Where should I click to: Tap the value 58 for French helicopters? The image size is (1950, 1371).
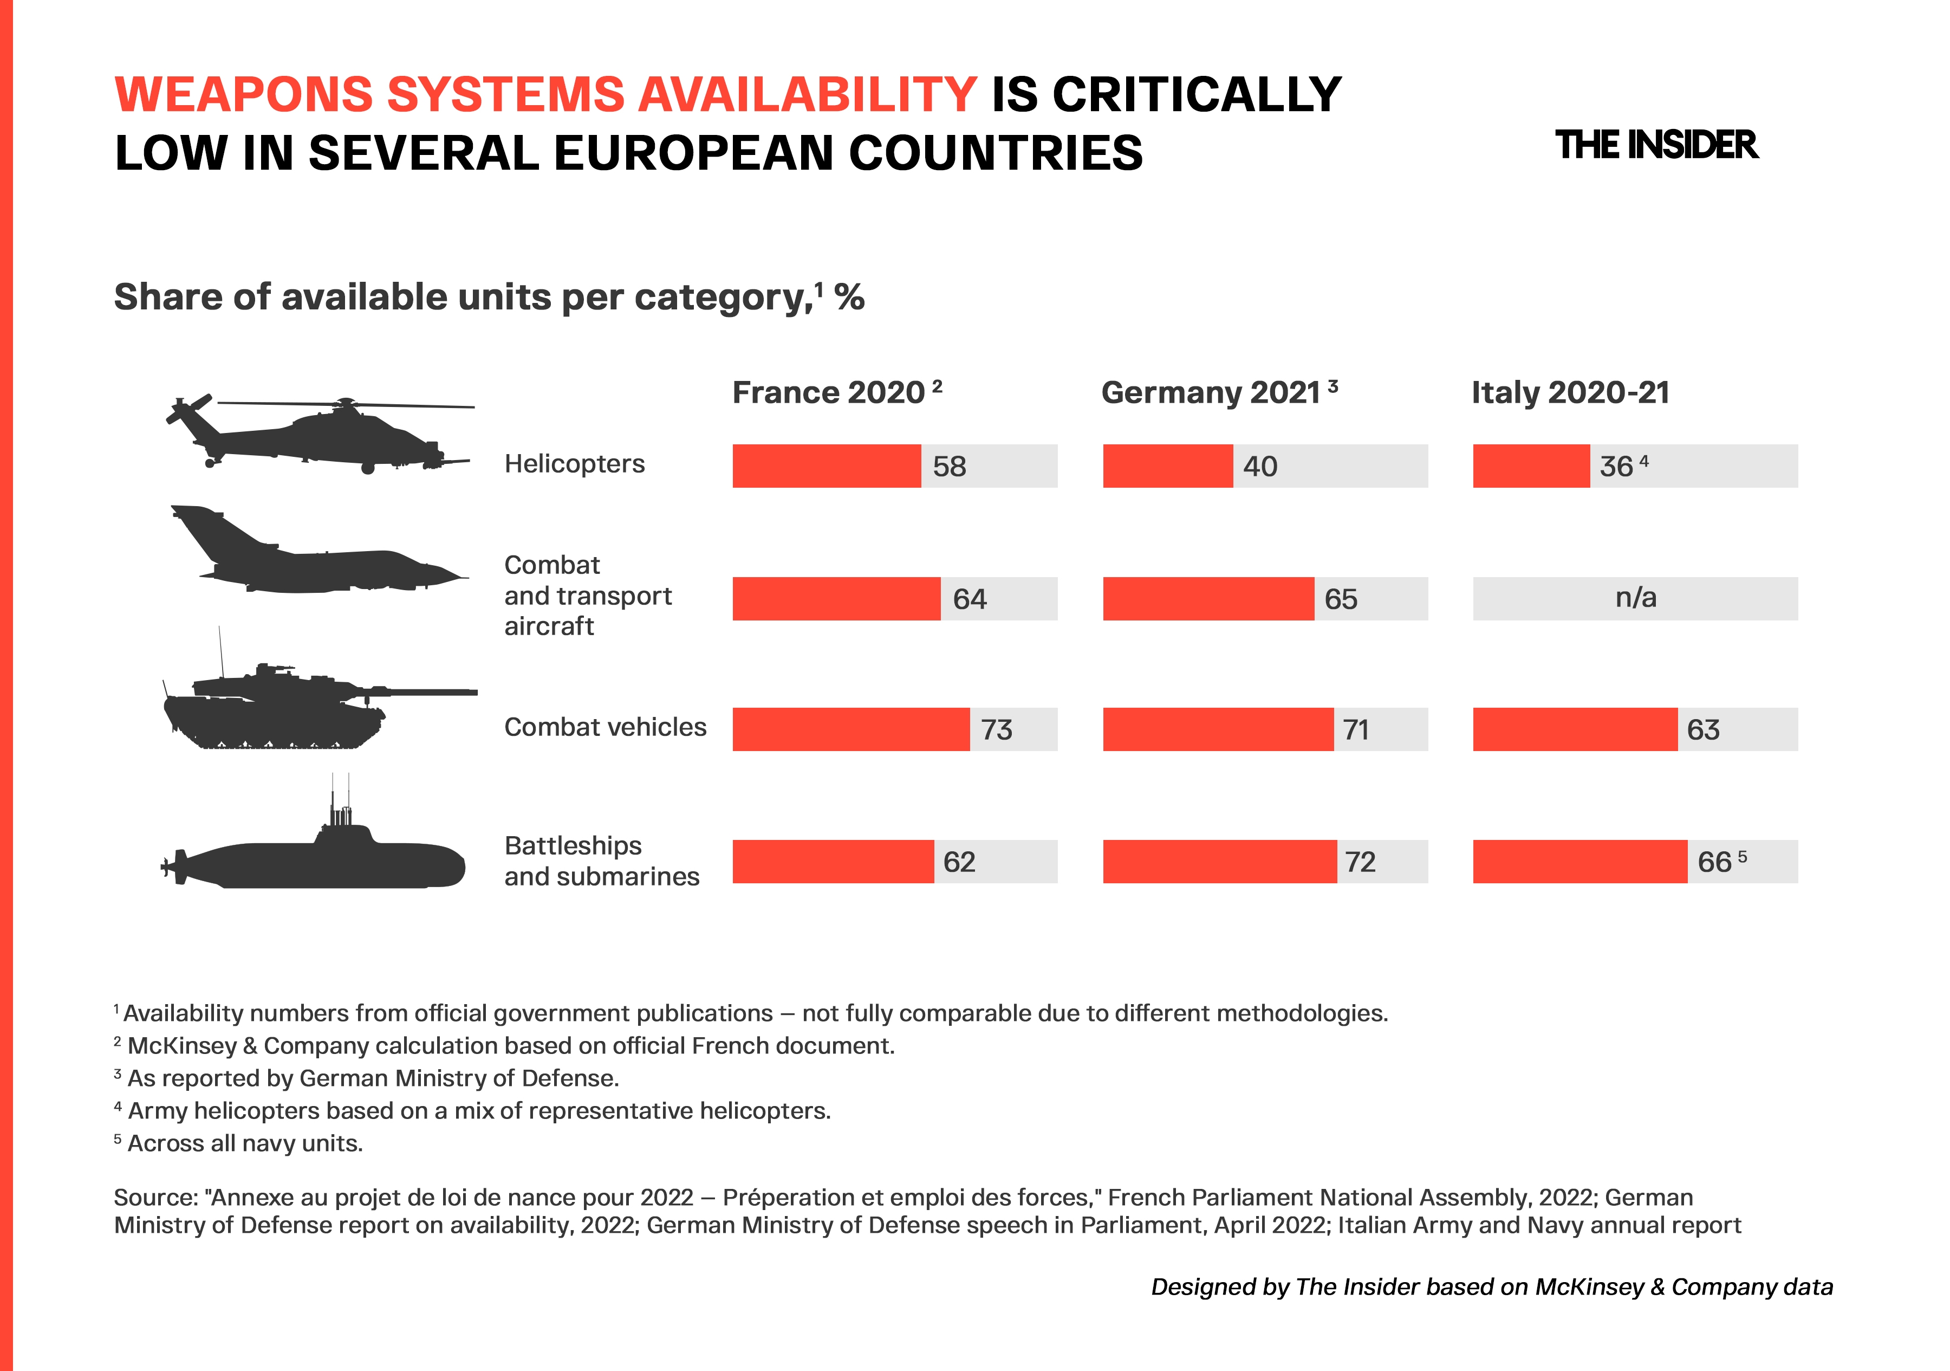pyautogui.click(x=950, y=467)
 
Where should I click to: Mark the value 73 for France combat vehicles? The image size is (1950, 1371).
pyautogui.click(x=997, y=730)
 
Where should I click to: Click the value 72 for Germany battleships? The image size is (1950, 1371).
pyautogui.click(x=1361, y=862)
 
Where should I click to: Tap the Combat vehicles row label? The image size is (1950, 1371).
pyautogui.click(x=604, y=727)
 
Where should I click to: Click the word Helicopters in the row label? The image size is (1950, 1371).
pyautogui.click(x=575, y=464)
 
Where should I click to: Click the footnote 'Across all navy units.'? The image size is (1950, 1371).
pyautogui.click(x=245, y=1143)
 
